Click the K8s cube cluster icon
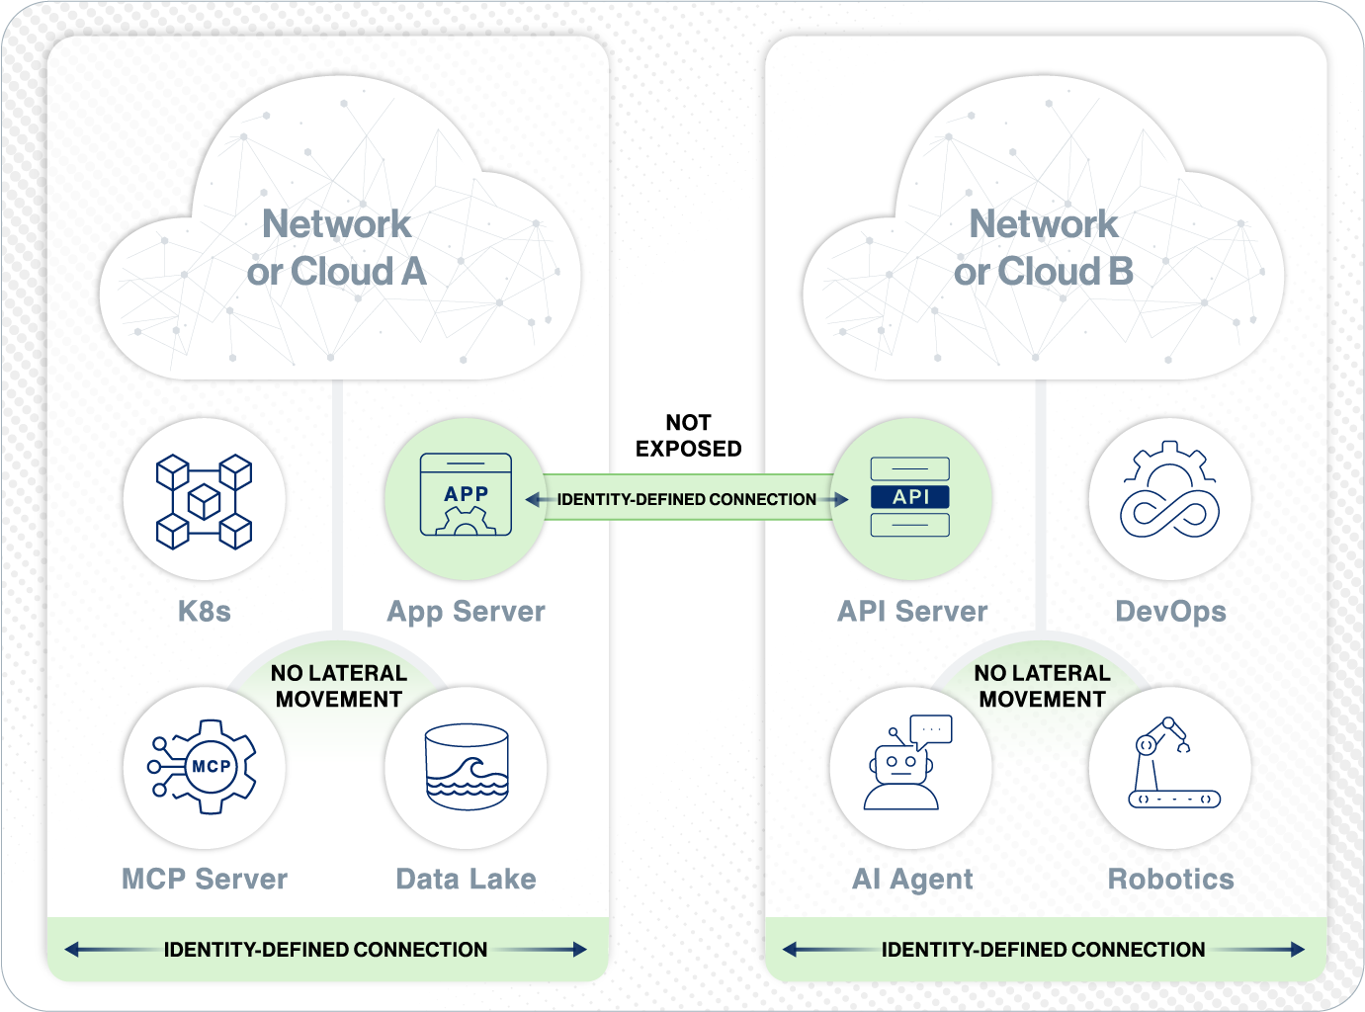(204, 501)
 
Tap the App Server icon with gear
(466, 495)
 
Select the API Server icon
(910, 497)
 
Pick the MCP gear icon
(205, 767)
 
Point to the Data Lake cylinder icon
(467, 767)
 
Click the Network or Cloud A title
(336, 247)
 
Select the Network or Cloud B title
(1043, 247)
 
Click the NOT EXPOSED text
(688, 436)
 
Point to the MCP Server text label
(205, 879)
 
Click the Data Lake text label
(466, 879)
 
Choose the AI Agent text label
(912, 879)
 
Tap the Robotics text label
(1170, 879)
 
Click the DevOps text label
(1170, 611)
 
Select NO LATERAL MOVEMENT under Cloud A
(339, 686)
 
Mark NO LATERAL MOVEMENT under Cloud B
(1042, 686)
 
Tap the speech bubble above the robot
(931, 729)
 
